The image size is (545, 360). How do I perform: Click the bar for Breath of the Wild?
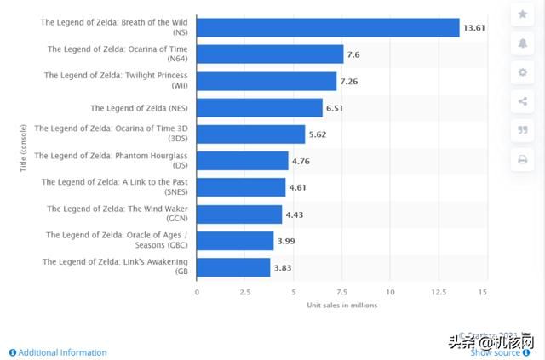click(328, 27)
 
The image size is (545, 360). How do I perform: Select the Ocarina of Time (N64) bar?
click(270, 54)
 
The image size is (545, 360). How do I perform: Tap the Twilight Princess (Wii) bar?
click(267, 81)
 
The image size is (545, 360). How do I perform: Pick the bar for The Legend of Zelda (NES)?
click(260, 108)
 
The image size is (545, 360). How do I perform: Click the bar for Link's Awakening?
click(233, 267)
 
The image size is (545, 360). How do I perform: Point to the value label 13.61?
click(474, 28)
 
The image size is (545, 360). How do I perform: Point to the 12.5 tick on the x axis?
click(437, 291)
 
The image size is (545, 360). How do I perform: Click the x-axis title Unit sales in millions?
click(340, 305)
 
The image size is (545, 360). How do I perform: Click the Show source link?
click(496, 352)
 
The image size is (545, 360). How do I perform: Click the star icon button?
click(523, 14)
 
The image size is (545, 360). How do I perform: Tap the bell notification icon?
click(523, 43)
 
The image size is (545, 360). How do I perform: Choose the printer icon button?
click(523, 159)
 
